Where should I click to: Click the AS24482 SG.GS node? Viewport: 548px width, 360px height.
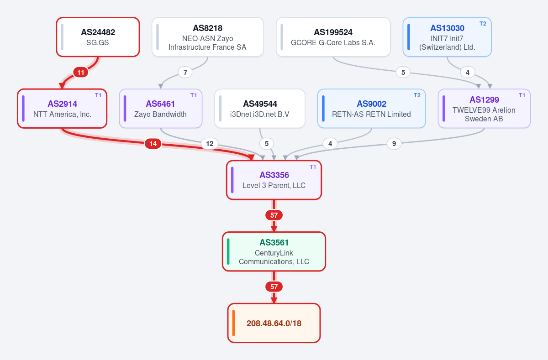point(98,37)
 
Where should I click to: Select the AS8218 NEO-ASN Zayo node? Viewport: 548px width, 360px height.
point(208,37)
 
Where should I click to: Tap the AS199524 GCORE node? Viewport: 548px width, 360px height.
point(333,37)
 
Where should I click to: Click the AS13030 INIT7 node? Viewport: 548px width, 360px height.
point(447,37)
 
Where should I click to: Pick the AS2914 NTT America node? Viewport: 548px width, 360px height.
point(62,109)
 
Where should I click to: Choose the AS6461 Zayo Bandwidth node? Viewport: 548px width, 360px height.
point(160,109)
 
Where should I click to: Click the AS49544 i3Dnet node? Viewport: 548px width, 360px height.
point(260,109)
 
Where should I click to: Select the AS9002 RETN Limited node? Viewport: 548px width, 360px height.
point(371,109)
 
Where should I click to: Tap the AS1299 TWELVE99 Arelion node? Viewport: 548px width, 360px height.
point(484,109)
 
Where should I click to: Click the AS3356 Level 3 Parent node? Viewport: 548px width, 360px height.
point(274,180)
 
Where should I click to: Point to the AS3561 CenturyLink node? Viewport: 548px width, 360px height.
point(274,252)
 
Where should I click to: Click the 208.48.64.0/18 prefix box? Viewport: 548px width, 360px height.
point(274,323)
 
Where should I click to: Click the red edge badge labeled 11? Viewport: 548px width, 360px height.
point(81,73)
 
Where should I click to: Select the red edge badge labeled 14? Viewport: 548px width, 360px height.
point(153,144)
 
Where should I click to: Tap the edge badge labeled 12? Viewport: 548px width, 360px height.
point(210,144)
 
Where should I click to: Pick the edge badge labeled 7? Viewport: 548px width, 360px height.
point(185,73)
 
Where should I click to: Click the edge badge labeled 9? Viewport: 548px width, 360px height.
point(394,144)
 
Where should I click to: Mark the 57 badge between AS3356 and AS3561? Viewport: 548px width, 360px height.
point(274,215)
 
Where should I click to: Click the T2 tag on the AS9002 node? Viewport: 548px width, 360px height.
point(417,95)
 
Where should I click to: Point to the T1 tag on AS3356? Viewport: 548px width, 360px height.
point(313,167)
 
